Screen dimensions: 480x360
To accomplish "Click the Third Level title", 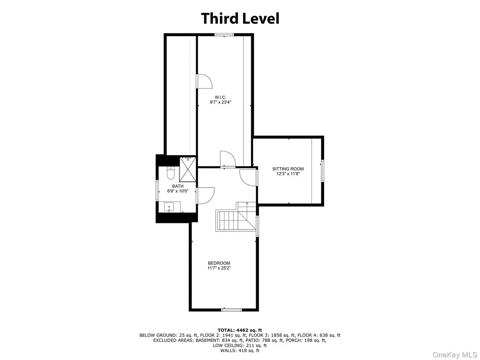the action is pyautogui.click(x=240, y=18).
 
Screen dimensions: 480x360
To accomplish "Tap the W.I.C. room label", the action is pyautogui.click(x=220, y=97).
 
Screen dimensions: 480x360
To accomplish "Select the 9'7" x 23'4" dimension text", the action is pyautogui.click(x=220, y=102).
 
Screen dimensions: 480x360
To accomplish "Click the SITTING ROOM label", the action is pyautogui.click(x=288, y=169).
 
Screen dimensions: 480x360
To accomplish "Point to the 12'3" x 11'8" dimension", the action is pyautogui.click(x=288, y=174).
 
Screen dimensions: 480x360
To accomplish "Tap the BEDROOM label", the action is pyautogui.click(x=219, y=263).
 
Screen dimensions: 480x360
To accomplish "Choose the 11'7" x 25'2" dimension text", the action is pyautogui.click(x=219, y=268).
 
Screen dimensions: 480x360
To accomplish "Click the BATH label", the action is pyautogui.click(x=178, y=186).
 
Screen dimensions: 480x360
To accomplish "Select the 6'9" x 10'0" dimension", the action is pyautogui.click(x=178, y=191).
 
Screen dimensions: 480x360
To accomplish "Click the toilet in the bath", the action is pyautogui.click(x=170, y=173).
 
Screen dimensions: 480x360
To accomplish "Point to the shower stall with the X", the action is pyautogui.click(x=187, y=169).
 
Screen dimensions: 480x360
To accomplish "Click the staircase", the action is pyautogui.click(x=236, y=217).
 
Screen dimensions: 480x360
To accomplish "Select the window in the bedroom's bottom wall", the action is pyautogui.click(x=232, y=310).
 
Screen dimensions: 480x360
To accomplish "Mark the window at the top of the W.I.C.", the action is pyautogui.click(x=224, y=34).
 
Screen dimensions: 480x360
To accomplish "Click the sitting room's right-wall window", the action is pyautogui.click(x=322, y=171).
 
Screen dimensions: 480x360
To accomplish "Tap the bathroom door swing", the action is pyautogui.click(x=205, y=196).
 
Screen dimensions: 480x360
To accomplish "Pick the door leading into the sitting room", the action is pyautogui.click(x=249, y=178).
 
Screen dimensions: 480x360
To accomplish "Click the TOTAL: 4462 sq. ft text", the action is pyautogui.click(x=240, y=330).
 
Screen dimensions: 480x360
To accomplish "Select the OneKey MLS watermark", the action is pyautogui.click(x=455, y=354).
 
